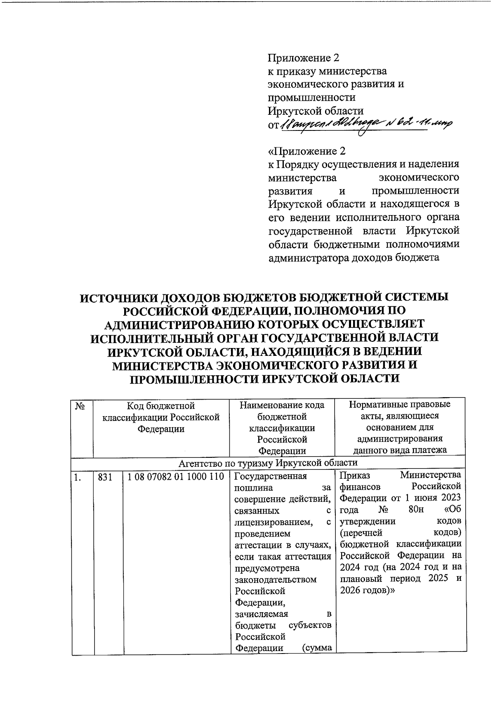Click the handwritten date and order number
pos(365,123)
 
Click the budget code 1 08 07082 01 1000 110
pos(176,476)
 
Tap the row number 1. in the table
pos(77,477)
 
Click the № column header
pos(80,406)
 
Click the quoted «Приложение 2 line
pos(306,151)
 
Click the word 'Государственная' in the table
pos(270,476)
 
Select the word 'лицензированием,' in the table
pos(273,522)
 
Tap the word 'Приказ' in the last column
pos(355,475)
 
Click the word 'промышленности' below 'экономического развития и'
pos(311,97)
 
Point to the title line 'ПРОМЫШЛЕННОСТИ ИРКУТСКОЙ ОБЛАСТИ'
pos(265,379)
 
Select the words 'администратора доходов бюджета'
pos(353,258)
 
